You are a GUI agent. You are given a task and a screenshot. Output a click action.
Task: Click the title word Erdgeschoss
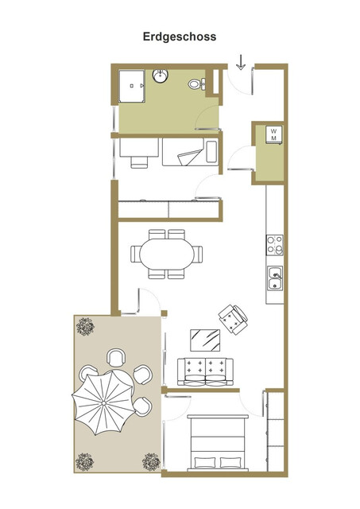(180, 37)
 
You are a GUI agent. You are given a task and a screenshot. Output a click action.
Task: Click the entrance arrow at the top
(242, 60)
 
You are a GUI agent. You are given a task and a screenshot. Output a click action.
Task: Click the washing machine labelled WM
(273, 134)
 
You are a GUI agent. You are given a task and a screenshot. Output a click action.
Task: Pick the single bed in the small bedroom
(189, 151)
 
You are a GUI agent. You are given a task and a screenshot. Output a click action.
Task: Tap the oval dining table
(166, 254)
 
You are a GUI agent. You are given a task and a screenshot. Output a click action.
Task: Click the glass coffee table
(206, 340)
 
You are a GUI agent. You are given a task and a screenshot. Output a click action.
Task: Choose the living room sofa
(206, 371)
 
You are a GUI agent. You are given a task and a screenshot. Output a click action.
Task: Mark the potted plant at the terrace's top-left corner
(85, 324)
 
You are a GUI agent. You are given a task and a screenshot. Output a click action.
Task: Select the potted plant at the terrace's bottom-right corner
(150, 461)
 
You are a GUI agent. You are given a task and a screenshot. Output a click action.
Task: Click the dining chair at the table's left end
(136, 254)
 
